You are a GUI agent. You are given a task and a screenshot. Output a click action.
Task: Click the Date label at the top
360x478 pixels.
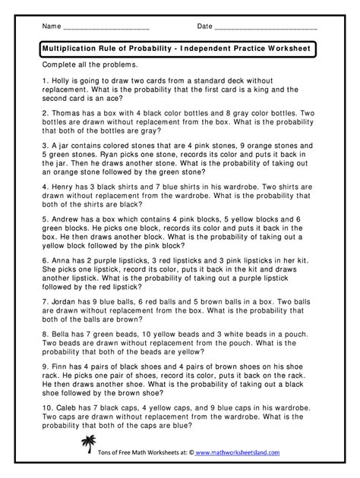tap(204, 27)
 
